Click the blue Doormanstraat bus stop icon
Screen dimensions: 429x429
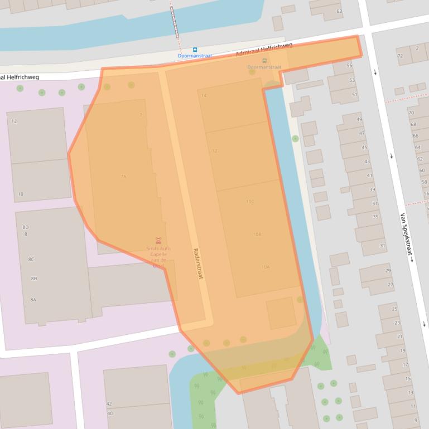pyautogui.click(x=195, y=50)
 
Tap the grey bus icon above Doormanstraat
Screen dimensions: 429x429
pyautogui.click(x=264, y=61)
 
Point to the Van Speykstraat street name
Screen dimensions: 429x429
pyautogui.click(x=406, y=237)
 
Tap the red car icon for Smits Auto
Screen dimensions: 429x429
pyautogui.click(x=159, y=241)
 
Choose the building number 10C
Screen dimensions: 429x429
pyautogui.click(x=250, y=201)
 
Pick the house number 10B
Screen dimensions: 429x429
pyautogui.click(x=257, y=235)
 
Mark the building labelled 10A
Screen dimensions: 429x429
pyautogui.click(x=266, y=267)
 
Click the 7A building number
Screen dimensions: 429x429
pyautogui.click(x=123, y=177)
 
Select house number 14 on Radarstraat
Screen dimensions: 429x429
pyautogui.click(x=204, y=95)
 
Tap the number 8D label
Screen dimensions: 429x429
pyautogui.click(x=26, y=227)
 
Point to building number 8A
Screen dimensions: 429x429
pyautogui.click(x=33, y=300)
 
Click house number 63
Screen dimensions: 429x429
pyautogui.click(x=339, y=11)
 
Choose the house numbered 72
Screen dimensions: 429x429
pyautogui.click(x=400, y=56)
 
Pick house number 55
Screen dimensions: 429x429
pyautogui.click(x=350, y=66)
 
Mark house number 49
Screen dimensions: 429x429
pyautogui.click(x=359, y=119)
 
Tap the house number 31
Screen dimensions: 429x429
pyautogui.click(x=383, y=246)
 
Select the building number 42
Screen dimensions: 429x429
pyautogui.click(x=109, y=404)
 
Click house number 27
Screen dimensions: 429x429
pyautogui.click(x=391, y=284)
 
